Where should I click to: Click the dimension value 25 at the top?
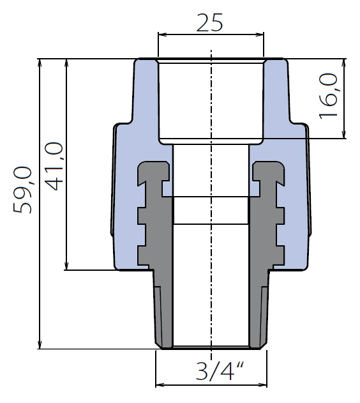tap(209, 22)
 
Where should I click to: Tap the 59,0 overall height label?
tap(22, 190)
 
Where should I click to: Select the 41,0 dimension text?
tap(54, 166)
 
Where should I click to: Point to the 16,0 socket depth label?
tap(328, 96)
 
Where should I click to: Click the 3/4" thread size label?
tap(220, 371)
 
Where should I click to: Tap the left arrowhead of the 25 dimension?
tap(161, 34)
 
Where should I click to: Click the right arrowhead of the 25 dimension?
tap(260, 34)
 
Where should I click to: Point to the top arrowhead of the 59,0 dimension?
tap(40, 63)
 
